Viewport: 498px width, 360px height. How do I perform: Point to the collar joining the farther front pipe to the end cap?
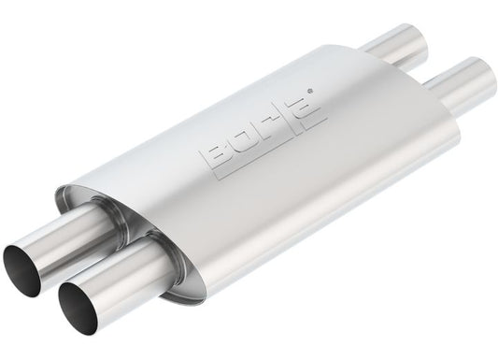99,211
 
